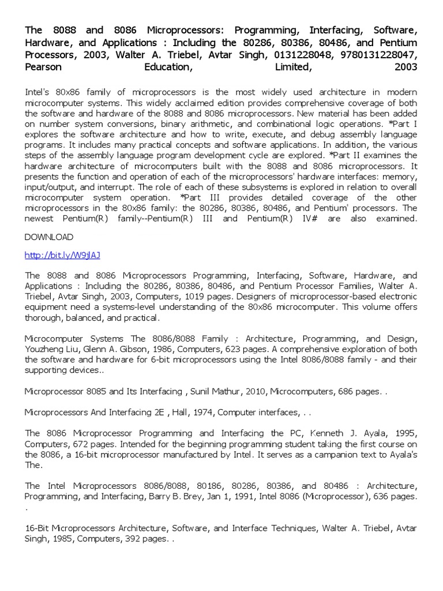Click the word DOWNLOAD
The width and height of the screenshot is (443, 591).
tap(49, 237)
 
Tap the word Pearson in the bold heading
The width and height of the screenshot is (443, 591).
tap(45, 67)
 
